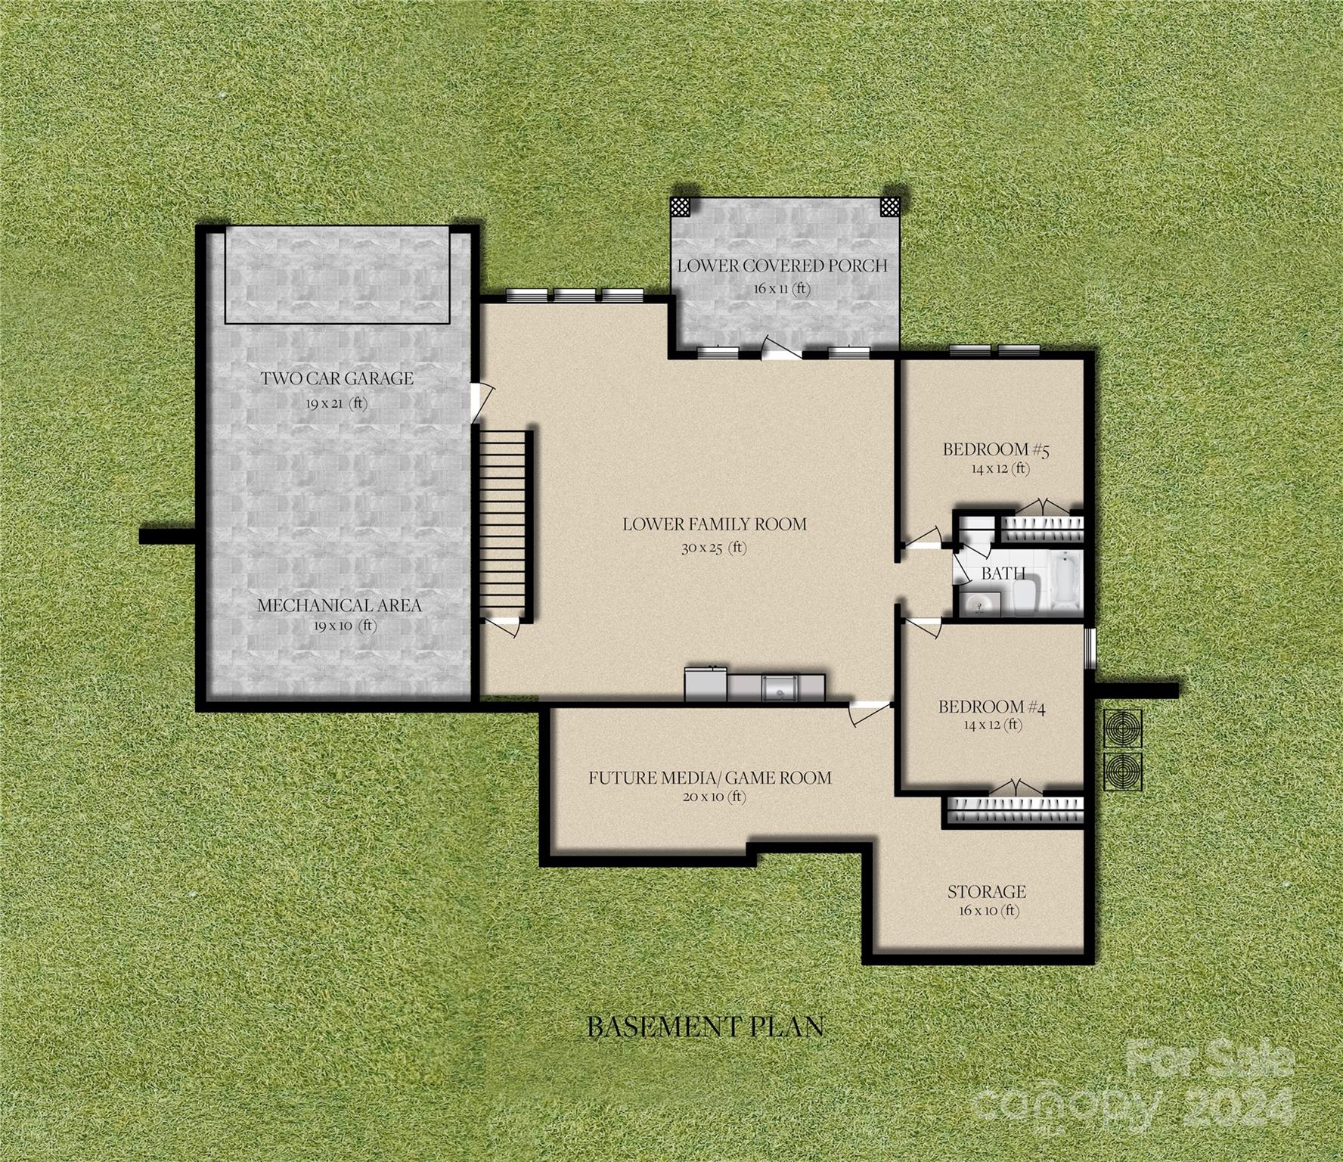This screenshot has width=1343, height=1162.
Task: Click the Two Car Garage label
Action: (x=337, y=378)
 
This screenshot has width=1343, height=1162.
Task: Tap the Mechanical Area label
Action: (x=339, y=606)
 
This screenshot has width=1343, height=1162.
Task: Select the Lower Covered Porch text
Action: (x=782, y=266)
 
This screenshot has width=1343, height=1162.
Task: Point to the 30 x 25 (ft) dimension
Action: (x=713, y=548)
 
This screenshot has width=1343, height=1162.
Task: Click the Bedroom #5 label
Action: (x=997, y=450)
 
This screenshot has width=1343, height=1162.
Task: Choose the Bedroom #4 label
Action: (x=991, y=707)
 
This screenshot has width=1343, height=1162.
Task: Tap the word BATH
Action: (x=1003, y=573)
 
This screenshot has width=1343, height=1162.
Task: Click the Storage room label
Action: (x=986, y=892)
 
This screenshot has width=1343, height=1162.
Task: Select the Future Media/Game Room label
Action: (x=709, y=778)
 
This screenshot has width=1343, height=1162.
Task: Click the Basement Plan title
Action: (x=705, y=1027)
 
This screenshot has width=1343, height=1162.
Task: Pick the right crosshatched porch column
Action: (x=889, y=207)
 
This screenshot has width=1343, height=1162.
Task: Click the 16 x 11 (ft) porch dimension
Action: (x=781, y=289)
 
